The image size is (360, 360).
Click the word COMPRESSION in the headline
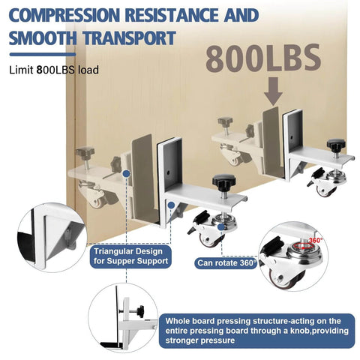(64, 15)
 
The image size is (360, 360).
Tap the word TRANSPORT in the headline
(130, 38)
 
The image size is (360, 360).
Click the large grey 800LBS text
(263, 58)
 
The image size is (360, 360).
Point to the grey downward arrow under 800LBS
(273, 91)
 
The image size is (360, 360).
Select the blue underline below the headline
(43, 55)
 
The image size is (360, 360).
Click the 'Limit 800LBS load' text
(54, 70)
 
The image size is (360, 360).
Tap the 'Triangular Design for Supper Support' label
(130, 256)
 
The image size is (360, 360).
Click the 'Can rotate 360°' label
(227, 263)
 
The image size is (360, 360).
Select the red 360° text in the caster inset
(316, 240)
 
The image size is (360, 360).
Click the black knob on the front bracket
(223, 181)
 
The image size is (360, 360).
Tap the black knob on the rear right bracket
(336, 145)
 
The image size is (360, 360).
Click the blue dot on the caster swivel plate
(221, 227)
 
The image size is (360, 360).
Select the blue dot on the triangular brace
(171, 205)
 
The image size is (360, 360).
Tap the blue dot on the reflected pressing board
(127, 173)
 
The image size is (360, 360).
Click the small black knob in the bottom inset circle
(141, 311)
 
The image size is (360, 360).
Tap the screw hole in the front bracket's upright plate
(168, 172)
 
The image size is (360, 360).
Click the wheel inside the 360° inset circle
(287, 278)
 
